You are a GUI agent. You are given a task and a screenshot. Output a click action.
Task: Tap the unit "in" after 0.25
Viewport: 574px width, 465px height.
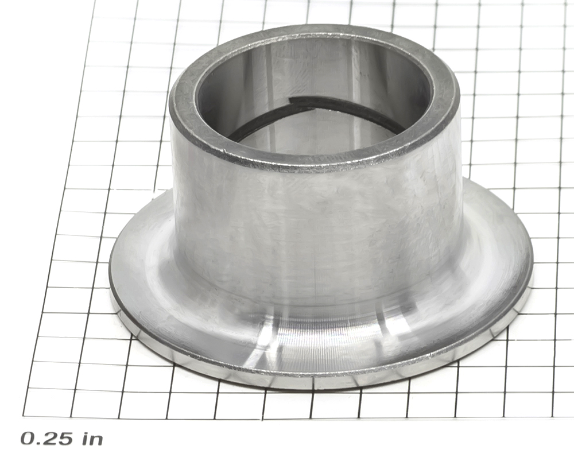point(92,438)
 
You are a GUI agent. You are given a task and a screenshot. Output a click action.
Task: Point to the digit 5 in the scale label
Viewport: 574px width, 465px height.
point(66,438)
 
